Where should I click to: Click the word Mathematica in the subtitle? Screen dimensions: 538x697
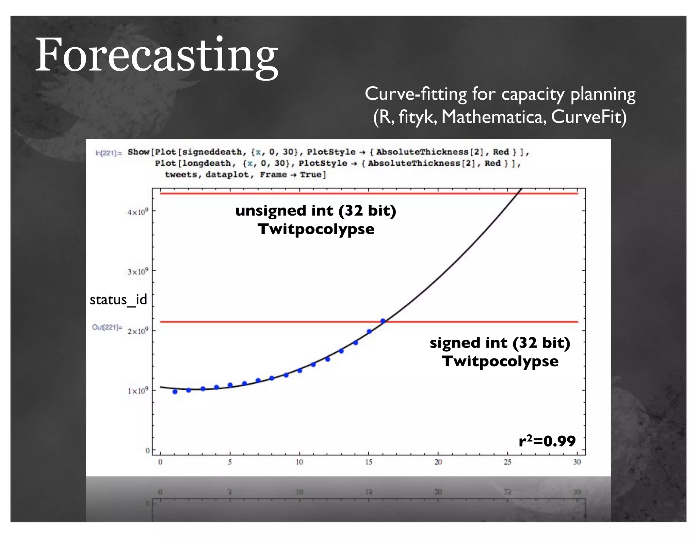494,117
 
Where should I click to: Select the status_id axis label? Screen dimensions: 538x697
118,300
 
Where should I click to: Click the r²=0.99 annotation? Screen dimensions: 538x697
547,441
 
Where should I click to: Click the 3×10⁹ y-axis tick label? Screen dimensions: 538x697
138,272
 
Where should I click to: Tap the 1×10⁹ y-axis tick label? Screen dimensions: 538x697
138,391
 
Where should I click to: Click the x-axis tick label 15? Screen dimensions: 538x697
369,462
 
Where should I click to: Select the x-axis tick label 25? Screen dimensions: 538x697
507,462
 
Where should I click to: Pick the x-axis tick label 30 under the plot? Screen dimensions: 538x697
577,462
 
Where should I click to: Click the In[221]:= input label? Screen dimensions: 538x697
108,153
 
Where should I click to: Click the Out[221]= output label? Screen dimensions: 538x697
107,327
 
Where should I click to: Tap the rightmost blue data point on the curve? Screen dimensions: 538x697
383,321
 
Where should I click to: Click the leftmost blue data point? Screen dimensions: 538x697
175,392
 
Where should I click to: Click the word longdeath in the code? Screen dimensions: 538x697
207,163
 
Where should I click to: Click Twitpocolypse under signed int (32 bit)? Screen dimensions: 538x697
500,361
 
